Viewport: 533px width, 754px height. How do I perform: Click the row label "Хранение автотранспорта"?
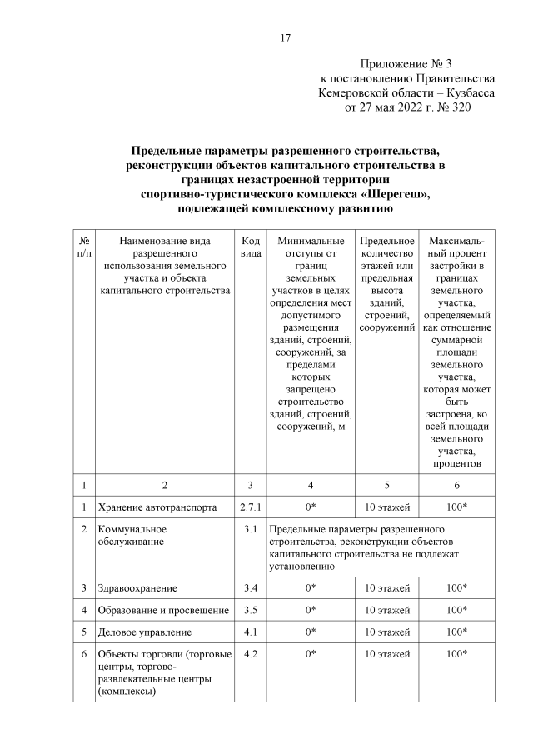point(157,507)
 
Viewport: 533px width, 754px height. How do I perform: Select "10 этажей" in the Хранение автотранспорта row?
point(387,507)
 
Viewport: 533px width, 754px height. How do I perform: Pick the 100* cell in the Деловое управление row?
point(456,632)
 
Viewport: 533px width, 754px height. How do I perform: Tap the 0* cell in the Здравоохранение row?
point(310,588)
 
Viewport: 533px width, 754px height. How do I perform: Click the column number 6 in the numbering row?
point(456,484)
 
